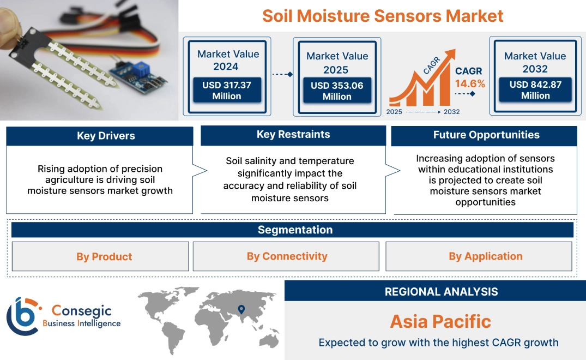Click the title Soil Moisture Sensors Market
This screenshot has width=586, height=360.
pos(383,16)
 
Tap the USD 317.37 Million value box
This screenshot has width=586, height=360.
pos(226,90)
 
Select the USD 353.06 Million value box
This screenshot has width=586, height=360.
pos(337,91)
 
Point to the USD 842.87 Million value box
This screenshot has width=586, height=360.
pos(535,90)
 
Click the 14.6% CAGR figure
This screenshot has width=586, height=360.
pos(470,84)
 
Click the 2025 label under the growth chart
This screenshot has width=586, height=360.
pos(395,112)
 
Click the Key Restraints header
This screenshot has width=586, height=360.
pos(293,135)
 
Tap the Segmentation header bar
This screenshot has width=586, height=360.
pos(295,230)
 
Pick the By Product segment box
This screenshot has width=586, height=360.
pos(104,256)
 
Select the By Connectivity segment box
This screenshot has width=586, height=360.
pos(287,256)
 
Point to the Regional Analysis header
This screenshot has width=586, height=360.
pos(441,291)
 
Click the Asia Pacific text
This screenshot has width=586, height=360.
pos(440,321)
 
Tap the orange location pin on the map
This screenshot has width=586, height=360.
pos(240,310)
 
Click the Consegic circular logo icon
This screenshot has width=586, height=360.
pos(23,316)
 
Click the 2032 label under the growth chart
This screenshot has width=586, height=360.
pos(451,112)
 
